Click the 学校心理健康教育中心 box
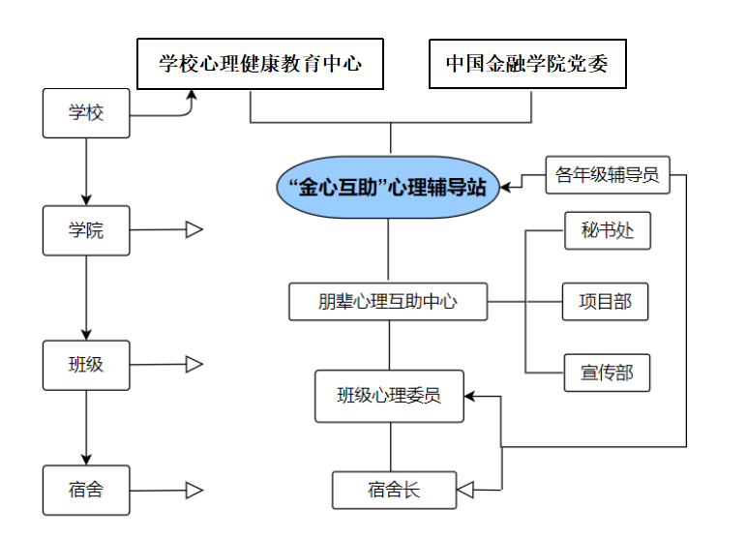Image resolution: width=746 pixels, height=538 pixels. pos(260,64)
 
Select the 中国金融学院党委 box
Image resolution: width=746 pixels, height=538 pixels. pos(527,64)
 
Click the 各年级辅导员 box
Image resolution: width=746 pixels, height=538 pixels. pos(607,175)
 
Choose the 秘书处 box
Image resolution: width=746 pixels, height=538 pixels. pos(606,231)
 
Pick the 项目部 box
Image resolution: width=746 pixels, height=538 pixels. pos(606,302)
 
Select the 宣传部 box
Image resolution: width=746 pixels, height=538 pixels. pos(606,373)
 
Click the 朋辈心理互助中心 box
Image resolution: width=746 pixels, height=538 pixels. pos(388,302)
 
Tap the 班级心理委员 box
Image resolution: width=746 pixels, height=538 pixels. pos(389,396)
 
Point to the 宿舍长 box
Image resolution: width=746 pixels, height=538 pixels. pos(393,490)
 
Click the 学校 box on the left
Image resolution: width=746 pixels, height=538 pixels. pos(86,113)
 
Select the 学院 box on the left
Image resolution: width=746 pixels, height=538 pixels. pos(86,231)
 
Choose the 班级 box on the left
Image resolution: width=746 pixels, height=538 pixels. pos(86,365)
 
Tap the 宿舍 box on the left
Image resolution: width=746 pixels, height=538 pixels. pos(86,490)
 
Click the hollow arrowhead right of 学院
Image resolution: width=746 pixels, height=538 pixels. pos(194,230)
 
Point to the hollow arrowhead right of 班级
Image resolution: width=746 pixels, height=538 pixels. pos(194,365)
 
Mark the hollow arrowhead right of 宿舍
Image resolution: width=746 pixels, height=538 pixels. pos(194,491)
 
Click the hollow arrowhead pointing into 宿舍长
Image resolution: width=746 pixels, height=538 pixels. pos(465,490)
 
